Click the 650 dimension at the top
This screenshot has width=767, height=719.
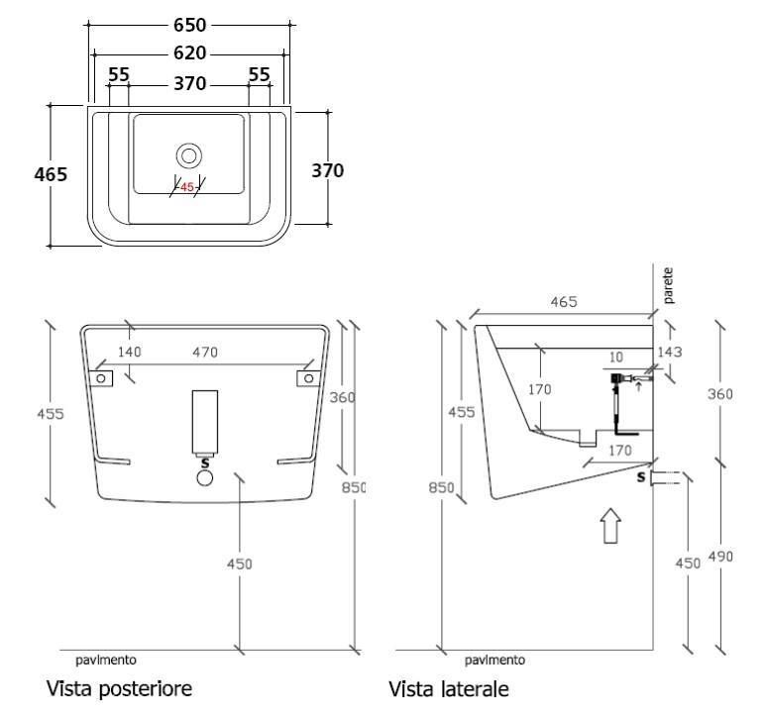190,25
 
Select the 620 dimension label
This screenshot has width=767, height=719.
190,52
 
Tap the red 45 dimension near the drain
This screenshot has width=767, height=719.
187,187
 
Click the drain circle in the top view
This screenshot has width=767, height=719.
189,155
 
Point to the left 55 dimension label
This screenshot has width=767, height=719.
119,75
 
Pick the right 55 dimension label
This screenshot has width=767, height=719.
260,75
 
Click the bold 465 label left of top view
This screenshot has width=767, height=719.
51,174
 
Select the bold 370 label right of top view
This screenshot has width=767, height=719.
328,170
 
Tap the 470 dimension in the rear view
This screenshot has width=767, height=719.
205,352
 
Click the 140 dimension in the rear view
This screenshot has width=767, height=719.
130,352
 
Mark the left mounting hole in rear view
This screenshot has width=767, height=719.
101,378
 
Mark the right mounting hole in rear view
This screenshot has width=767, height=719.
309,378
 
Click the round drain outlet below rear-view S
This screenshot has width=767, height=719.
205,477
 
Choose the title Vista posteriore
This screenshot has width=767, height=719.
119,688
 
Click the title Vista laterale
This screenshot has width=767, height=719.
449,689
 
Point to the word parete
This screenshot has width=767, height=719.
668,285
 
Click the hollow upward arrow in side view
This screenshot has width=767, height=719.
611,526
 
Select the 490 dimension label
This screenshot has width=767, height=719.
720,557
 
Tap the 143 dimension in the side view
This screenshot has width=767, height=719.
669,352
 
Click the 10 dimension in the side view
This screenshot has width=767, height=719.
616,358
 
